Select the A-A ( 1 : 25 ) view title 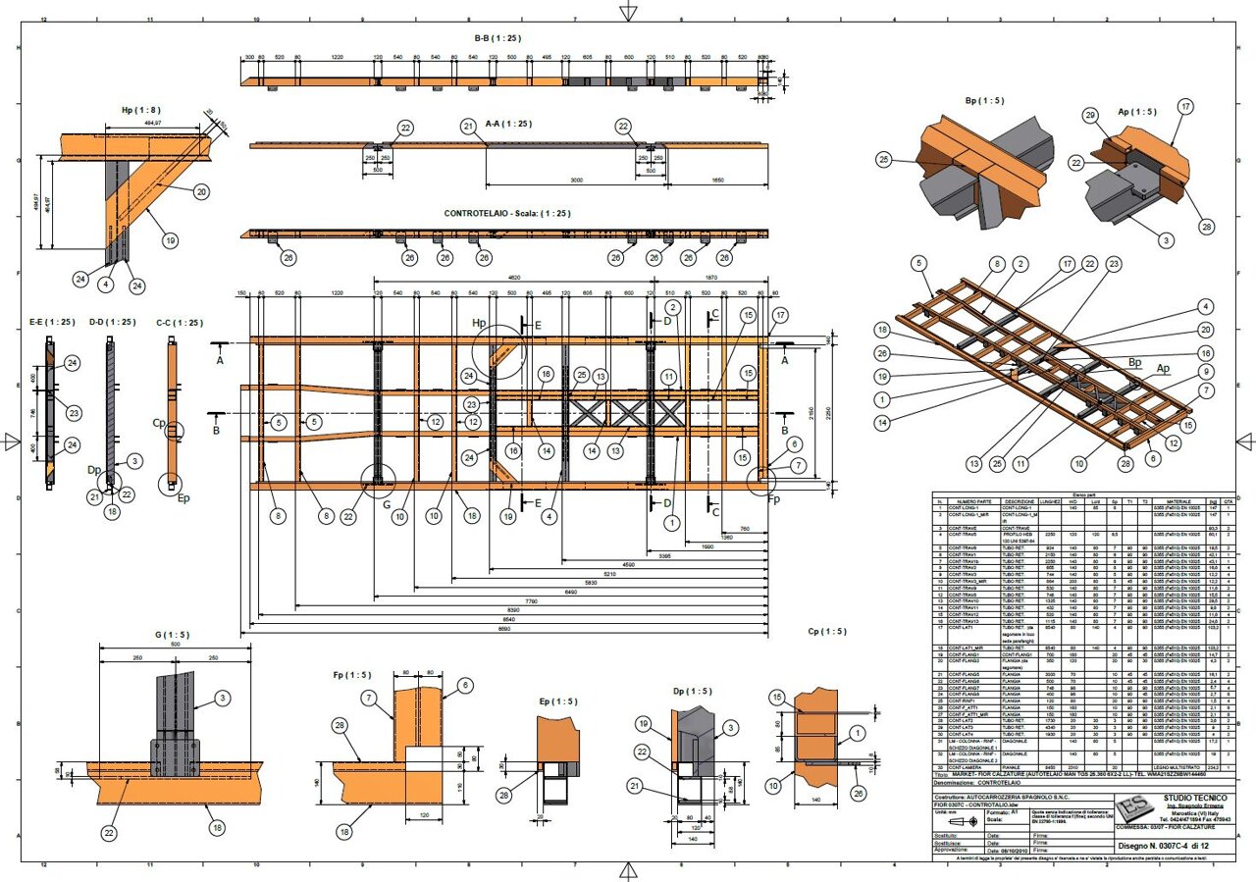coord(508,125)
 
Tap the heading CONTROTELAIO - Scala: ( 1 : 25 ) coord(507,213)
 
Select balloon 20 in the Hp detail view coord(200,192)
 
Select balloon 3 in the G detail coord(223,698)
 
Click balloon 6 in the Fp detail coord(464,685)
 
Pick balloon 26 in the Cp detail coord(860,793)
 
